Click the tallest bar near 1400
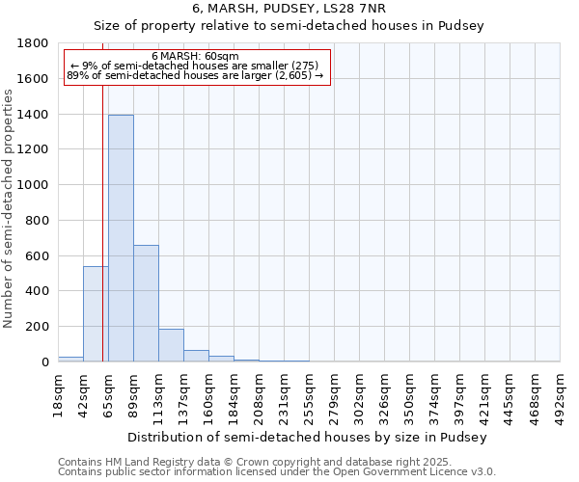[x=121, y=238]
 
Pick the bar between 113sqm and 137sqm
[x=171, y=345]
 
